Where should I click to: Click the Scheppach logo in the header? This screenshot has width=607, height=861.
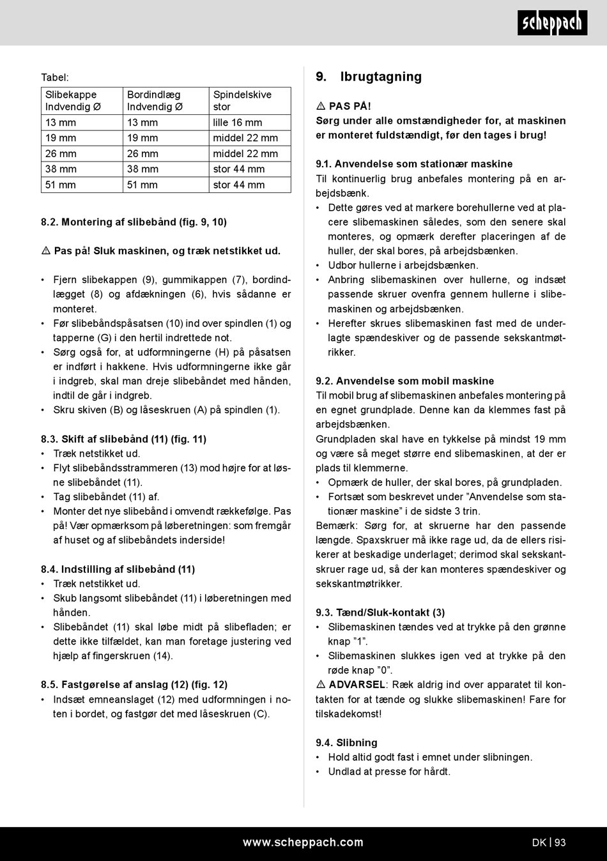click(x=552, y=23)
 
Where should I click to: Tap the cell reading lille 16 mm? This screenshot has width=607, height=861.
click(x=238, y=123)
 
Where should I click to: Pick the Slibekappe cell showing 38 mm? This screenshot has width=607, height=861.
click(x=61, y=169)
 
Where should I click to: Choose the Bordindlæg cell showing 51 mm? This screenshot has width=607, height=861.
click(x=142, y=185)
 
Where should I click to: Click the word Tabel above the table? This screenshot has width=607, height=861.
click(x=55, y=77)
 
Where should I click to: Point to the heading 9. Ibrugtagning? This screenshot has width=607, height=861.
click(x=369, y=77)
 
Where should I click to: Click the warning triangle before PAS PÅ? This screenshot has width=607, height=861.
click(x=321, y=106)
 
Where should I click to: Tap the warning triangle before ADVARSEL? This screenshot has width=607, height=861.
click(x=321, y=685)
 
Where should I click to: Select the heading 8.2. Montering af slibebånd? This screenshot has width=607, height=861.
click(x=134, y=222)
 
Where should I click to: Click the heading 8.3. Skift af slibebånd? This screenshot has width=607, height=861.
click(x=123, y=439)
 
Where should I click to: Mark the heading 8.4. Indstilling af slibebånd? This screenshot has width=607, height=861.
click(x=118, y=569)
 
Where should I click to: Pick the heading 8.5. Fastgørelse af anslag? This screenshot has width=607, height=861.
click(x=134, y=685)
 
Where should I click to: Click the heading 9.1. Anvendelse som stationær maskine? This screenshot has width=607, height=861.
click(x=414, y=164)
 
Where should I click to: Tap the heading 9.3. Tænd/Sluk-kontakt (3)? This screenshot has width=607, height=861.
click(x=380, y=613)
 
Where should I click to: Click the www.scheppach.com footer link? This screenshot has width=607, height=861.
click(x=303, y=842)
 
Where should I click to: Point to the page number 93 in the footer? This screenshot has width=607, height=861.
click(x=560, y=842)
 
